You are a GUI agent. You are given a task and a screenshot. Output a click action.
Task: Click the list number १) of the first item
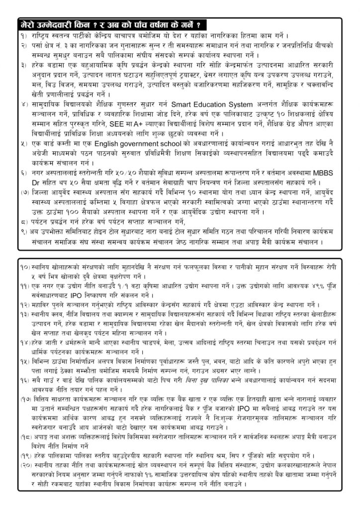click(23, 36)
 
